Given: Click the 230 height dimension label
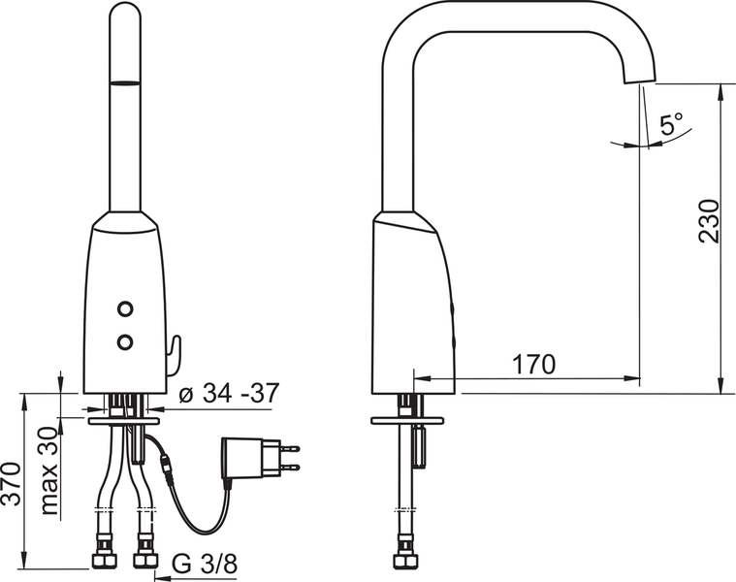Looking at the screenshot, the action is pyautogui.click(x=709, y=221).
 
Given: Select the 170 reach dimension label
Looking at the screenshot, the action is pyautogui.click(x=533, y=364).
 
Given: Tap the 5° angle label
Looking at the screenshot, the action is pyautogui.click(x=672, y=123).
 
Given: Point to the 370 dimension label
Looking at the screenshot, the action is pyautogui.click(x=11, y=483).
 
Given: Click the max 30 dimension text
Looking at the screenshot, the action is pyautogui.click(x=50, y=470).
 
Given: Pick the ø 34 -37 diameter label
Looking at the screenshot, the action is pyautogui.click(x=230, y=393).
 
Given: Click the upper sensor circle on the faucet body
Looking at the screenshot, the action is pyautogui.click(x=125, y=308).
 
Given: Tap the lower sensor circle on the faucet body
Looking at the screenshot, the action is pyautogui.click(x=125, y=342).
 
